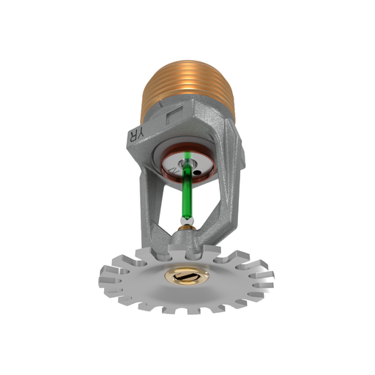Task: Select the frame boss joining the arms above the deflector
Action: click(x=192, y=242)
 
